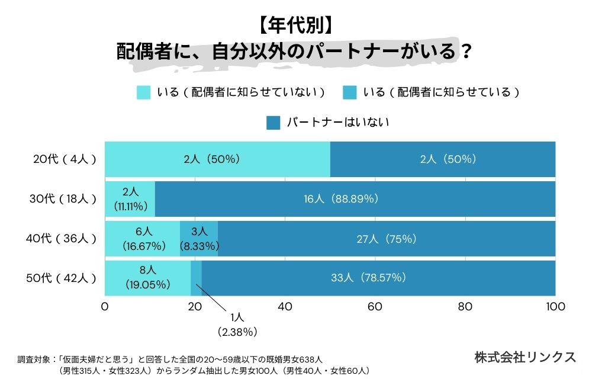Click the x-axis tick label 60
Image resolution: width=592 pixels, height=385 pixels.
[x=375, y=307]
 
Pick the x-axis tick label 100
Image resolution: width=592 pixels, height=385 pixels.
[x=555, y=307]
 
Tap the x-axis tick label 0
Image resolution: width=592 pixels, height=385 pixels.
[x=105, y=307]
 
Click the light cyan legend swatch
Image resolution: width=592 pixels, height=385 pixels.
[x=143, y=92]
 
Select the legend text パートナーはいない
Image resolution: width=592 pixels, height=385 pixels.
[x=337, y=123]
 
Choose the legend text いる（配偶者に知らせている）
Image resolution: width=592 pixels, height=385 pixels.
[x=441, y=92]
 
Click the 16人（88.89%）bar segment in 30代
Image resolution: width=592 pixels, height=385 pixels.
[x=355, y=199]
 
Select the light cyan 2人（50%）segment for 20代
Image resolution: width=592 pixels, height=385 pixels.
[x=217, y=159]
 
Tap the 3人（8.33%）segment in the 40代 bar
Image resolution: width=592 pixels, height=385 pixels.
[x=199, y=239]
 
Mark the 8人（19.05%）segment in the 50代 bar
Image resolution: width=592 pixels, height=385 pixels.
[x=147, y=278]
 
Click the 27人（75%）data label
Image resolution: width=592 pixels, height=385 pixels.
[x=386, y=239]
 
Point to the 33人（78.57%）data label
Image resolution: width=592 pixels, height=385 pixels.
[x=378, y=278]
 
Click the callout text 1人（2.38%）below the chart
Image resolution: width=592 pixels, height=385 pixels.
[x=237, y=325]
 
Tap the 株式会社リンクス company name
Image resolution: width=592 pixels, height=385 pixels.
[x=525, y=357]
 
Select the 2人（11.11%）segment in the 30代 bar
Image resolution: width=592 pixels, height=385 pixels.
[x=130, y=199]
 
